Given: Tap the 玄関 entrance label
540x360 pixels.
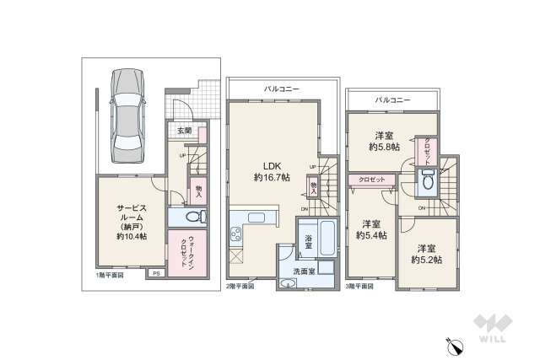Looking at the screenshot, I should [185, 131].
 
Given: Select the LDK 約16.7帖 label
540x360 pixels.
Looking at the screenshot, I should [273, 172].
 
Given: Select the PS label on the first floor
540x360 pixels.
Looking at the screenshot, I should [156, 274].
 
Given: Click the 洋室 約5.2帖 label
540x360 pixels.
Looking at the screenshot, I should [427, 254].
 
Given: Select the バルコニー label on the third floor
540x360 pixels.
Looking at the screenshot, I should [393, 99].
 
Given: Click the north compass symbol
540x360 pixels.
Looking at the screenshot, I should [451, 343].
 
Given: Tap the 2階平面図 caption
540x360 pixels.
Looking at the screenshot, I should [240, 287].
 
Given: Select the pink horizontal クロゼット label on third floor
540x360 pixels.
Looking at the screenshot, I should [371, 180].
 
